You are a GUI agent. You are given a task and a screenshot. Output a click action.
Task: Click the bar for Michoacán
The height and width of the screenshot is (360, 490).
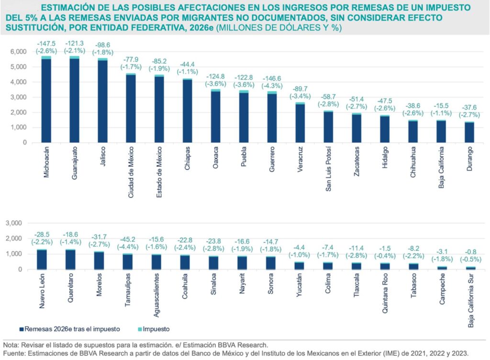tap(46, 101)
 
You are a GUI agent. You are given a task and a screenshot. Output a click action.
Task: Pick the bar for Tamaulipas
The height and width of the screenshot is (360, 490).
tap(128, 261)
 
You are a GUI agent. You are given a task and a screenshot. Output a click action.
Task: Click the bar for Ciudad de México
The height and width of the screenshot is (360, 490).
tap(131, 109)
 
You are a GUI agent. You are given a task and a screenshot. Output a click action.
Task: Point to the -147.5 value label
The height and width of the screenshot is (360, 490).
tap(46, 43)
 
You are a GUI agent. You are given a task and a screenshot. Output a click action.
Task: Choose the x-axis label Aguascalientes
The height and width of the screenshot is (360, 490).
tap(156, 300)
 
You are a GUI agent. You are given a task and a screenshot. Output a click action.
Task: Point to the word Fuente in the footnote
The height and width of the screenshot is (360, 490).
tap(13, 354)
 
